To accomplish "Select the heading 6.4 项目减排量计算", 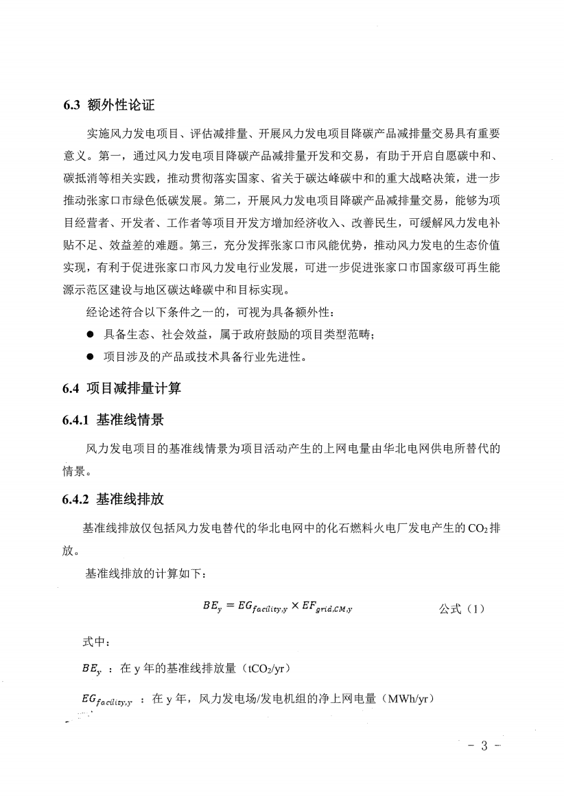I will pyautogui.click(x=123, y=388).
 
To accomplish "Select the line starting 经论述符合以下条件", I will pyautogui.click(x=210, y=313).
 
